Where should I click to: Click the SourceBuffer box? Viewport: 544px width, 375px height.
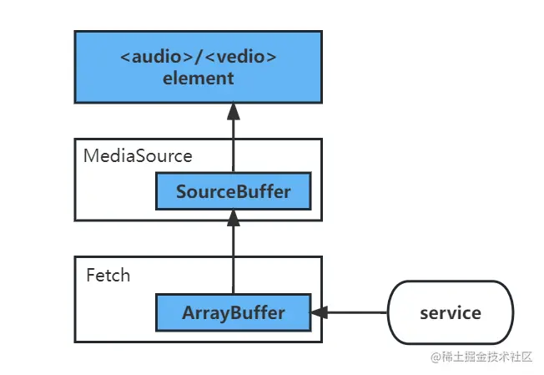click(233, 191)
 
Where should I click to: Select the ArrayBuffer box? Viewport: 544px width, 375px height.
click(233, 312)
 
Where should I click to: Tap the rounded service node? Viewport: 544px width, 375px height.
click(451, 312)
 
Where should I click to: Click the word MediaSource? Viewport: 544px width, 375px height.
click(138, 155)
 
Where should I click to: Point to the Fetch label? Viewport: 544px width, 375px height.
click(108, 276)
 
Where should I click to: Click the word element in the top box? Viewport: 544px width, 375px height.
click(198, 79)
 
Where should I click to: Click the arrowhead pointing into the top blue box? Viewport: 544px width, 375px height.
click(233, 111)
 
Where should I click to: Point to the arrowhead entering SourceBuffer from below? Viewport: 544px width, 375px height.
click(233, 218)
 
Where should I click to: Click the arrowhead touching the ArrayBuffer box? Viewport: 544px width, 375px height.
click(320, 312)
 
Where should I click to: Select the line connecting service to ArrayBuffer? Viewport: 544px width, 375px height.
click(349, 312)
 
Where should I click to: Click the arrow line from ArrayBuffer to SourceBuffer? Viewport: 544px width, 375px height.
click(233, 251)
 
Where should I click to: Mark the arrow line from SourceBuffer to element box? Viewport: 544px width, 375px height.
click(233, 137)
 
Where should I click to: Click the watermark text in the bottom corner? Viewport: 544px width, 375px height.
click(481, 357)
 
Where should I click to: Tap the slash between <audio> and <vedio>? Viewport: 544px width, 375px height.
click(199, 57)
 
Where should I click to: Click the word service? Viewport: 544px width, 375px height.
click(451, 313)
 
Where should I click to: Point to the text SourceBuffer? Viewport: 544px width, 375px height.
click(233, 191)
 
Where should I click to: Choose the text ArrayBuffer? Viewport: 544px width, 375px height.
click(233, 313)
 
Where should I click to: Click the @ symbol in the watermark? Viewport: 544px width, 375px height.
click(436, 357)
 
